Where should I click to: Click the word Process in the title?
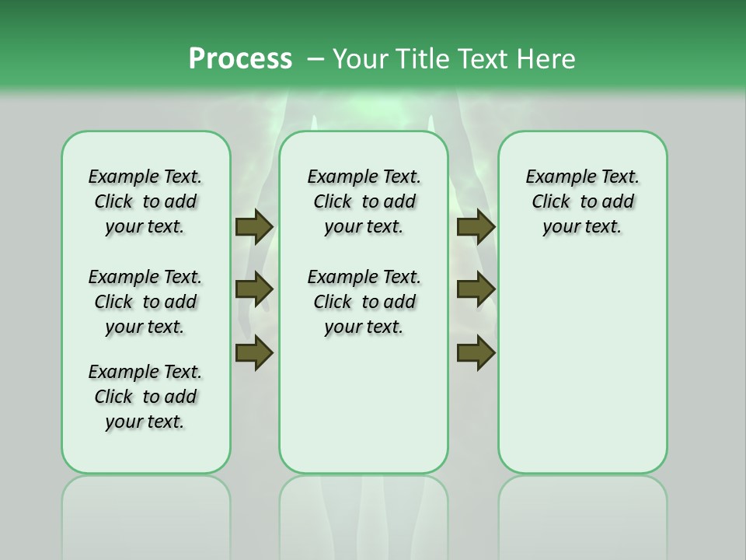coord(240,58)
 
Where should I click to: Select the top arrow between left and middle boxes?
coord(254,226)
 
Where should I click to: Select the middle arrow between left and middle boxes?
coord(254,289)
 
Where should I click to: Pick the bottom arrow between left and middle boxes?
coord(254,352)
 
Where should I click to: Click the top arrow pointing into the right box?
coord(476,226)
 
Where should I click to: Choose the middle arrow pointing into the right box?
coord(476,289)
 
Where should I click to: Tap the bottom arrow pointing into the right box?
coord(476,352)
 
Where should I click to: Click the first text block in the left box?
coord(145,201)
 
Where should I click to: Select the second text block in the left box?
coord(145,302)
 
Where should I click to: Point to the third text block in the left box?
coord(145,397)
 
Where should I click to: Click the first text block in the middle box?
coord(364,201)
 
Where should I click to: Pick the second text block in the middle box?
coord(364,302)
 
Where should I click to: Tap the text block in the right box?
coord(582,201)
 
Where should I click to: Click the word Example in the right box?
coord(556,177)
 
